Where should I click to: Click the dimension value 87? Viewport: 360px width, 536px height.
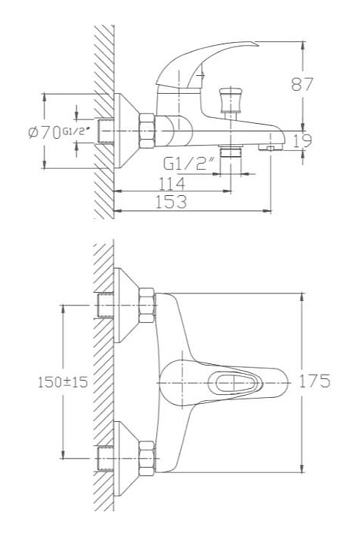click(x=302, y=84)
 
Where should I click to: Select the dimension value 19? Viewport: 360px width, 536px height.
click(x=303, y=141)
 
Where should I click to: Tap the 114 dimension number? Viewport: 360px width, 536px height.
click(x=172, y=184)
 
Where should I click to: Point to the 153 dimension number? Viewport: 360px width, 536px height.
click(x=172, y=202)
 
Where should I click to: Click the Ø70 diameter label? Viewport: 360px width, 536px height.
click(x=44, y=132)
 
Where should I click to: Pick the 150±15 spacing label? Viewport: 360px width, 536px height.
click(x=63, y=382)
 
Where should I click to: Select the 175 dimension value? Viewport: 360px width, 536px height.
click(x=314, y=381)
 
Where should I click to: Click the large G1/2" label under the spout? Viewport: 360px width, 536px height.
click(x=185, y=164)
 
